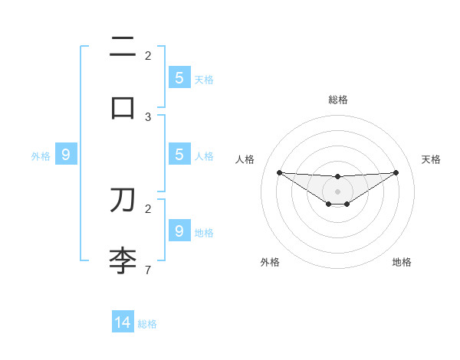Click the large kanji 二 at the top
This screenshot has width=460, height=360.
[x=123, y=48]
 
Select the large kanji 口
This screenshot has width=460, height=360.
[x=123, y=108]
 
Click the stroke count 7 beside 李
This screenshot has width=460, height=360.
[x=148, y=270]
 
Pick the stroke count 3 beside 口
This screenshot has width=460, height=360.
[x=148, y=116]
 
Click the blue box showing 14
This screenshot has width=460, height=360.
[x=123, y=322]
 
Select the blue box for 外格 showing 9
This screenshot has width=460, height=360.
[x=66, y=155]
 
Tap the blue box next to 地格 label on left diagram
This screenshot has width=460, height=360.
[x=179, y=231]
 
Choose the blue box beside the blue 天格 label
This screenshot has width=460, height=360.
[x=179, y=78]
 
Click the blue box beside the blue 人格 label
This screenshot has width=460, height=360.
[x=179, y=155]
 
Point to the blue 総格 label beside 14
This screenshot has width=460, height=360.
[x=148, y=324]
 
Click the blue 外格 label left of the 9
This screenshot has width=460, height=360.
[x=41, y=156]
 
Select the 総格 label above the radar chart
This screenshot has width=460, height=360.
[x=338, y=100]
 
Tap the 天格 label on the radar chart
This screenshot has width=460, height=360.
[x=432, y=159]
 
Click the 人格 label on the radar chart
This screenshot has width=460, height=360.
[x=245, y=159]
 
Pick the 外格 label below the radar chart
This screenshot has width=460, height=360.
[x=270, y=262]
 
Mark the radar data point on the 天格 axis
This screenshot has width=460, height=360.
[x=396, y=172]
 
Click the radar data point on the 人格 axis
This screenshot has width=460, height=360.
[x=279, y=172]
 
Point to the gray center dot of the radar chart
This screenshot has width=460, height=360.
[x=338, y=191]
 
